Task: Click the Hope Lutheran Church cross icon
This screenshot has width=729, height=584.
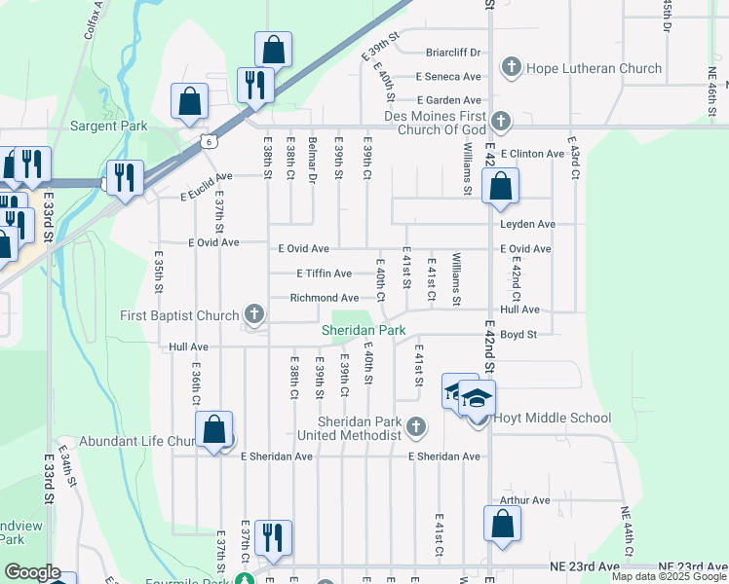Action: [511, 68]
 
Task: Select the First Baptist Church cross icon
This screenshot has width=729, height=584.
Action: [254, 314]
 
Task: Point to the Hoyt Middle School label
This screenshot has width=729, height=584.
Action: [552, 419]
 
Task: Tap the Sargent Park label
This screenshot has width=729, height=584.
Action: [108, 127]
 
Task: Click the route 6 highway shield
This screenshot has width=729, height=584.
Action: [210, 142]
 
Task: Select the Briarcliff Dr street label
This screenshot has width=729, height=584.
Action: [453, 53]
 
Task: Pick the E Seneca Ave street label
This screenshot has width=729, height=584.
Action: [447, 76]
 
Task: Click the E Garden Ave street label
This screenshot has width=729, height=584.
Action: [448, 99]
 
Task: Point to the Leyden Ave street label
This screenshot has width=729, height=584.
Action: [527, 224]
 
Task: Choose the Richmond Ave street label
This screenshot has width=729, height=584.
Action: [325, 298]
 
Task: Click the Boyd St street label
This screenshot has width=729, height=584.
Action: [519, 334]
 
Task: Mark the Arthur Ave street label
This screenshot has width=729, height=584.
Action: [524, 500]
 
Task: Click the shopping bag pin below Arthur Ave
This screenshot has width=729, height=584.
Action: [501, 524]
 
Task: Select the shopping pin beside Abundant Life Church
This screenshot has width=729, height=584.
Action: [213, 429]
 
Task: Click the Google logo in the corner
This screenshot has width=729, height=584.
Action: [32, 572]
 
